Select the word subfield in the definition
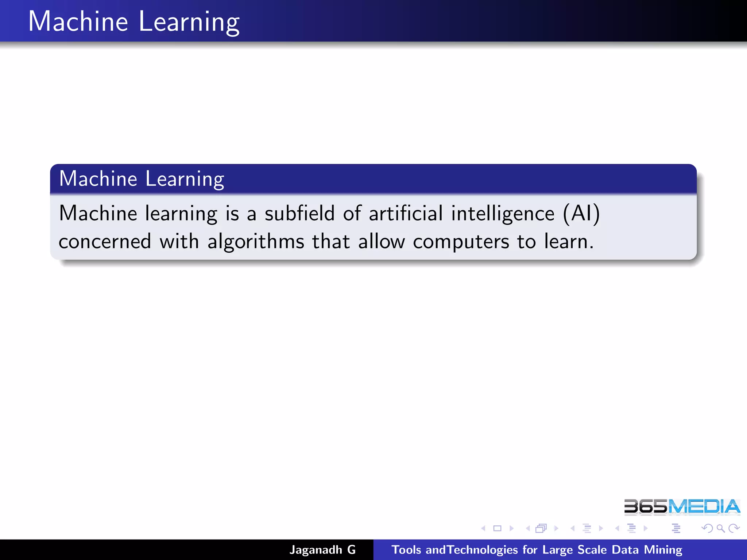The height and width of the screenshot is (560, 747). pos(299,213)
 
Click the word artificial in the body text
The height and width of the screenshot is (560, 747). pos(406,213)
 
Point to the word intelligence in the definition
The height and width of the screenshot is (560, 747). pos(503,214)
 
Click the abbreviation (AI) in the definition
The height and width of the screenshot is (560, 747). pos(581,213)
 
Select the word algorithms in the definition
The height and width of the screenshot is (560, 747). pos(256,242)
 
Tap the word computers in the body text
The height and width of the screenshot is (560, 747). pos(461,242)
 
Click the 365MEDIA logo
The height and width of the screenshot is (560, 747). pos(682,507)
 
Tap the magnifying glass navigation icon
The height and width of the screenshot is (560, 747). pos(720,528)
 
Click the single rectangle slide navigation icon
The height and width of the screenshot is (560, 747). pos(497,528)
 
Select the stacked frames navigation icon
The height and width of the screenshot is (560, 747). pos(541,528)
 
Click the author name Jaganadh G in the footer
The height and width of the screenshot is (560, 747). pos(322,550)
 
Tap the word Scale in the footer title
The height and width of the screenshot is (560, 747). pos(592,550)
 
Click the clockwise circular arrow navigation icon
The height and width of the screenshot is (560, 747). pos(734,528)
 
